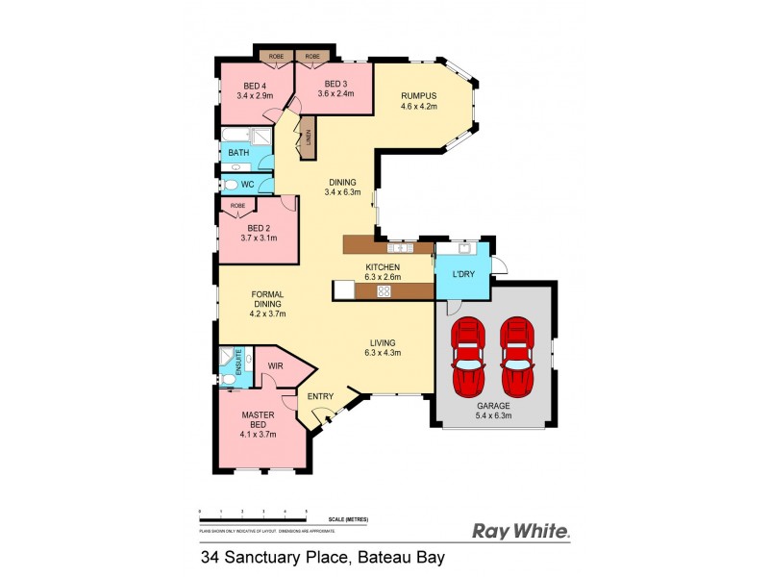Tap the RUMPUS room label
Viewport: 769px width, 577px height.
tap(419, 95)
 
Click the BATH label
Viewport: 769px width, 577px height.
tap(237, 153)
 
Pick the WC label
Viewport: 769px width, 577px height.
tap(247, 184)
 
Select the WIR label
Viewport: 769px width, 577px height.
tap(275, 366)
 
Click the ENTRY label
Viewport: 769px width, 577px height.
tap(320, 395)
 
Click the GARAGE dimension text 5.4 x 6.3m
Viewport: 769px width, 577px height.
tap(495, 415)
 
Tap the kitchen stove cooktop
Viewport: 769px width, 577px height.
tap(383, 290)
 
